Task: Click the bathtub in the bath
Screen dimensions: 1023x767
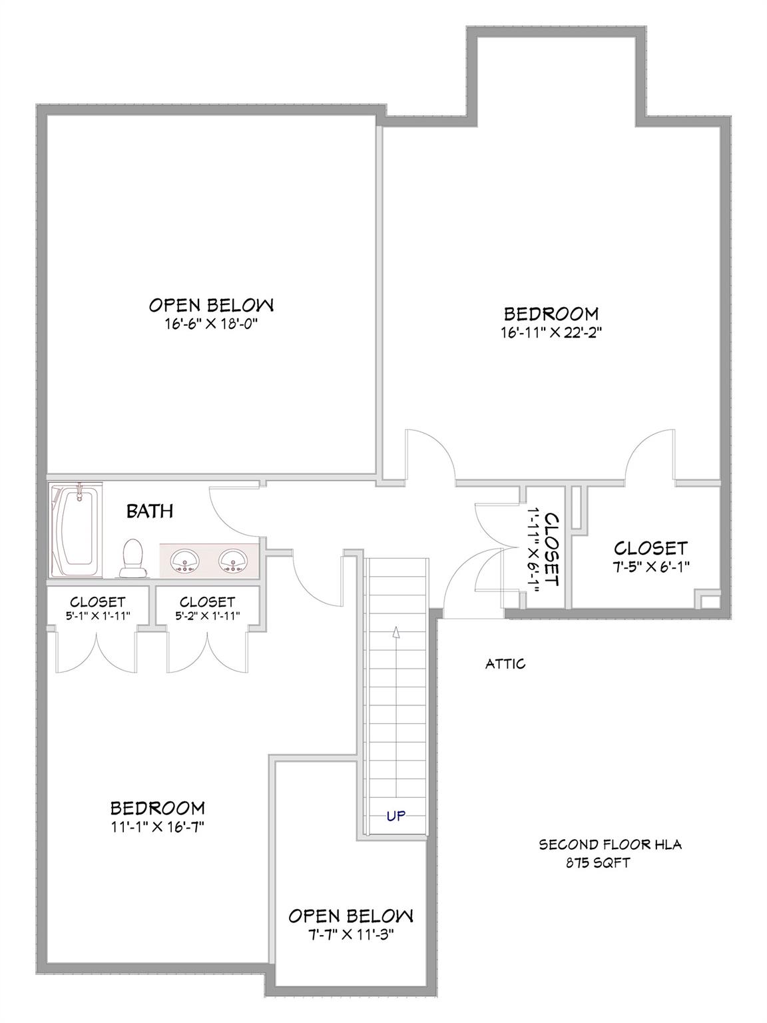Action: click(75, 530)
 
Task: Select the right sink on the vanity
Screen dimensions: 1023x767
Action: click(232, 561)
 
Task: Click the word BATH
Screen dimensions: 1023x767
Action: click(150, 511)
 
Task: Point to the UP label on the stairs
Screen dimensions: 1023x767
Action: click(395, 815)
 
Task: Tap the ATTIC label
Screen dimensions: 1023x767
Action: click(505, 663)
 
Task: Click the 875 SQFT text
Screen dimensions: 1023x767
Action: click(598, 863)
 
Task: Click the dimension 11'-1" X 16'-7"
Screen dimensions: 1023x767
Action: click(157, 827)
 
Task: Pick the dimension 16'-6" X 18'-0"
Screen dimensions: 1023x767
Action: click(211, 324)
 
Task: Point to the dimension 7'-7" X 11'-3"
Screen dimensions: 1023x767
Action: click(350, 933)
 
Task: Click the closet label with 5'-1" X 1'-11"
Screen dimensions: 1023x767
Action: click(97, 616)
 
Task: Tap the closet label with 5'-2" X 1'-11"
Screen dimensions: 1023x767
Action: click(207, 616)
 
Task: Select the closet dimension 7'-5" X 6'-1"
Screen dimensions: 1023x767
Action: click(650, 567)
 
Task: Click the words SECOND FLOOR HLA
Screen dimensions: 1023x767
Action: click(610, 845)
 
